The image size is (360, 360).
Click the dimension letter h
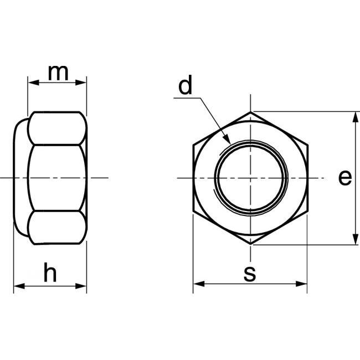(x=50, y=273)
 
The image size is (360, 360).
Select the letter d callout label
(x=185, y=87)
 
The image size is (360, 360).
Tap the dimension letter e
(x=344, y=177)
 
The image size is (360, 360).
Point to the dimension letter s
(x=250, y=272)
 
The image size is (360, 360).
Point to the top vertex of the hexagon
(x=250, y=112)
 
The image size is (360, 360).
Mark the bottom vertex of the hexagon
(x=250, y=244)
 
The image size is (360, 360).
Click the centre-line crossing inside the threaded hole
(x=250, y=178)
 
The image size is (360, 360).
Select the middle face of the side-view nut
(x=56, y=177)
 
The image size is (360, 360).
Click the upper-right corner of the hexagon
(x=307, y=145)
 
